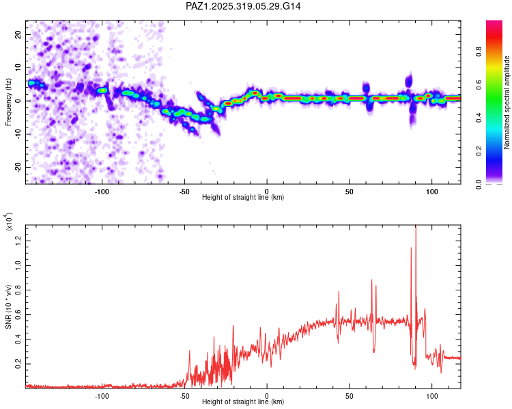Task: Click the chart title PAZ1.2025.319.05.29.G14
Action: (244, 6)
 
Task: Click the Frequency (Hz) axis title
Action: (8, 102)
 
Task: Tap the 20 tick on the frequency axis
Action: (18, 34)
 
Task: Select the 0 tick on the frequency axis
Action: (20, 101)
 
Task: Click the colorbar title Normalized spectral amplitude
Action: (507, 102)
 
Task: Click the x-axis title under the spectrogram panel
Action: (244, 197)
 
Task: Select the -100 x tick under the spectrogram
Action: (102, 190)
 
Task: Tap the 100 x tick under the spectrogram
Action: (431, 190)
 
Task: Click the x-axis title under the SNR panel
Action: (244, 402)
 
